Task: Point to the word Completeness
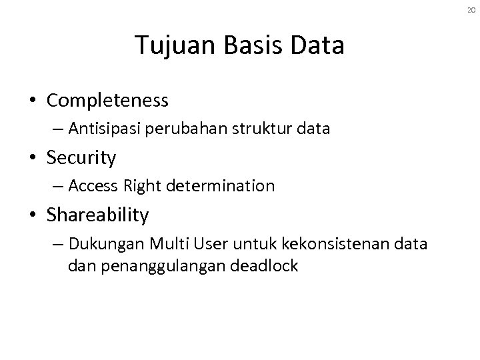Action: [x=107, y=101]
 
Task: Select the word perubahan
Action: [x=195, y=129]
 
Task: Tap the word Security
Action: [x=81, y=158]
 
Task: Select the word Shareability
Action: [x=98, y=215]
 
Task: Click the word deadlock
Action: [x=265, y=266]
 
